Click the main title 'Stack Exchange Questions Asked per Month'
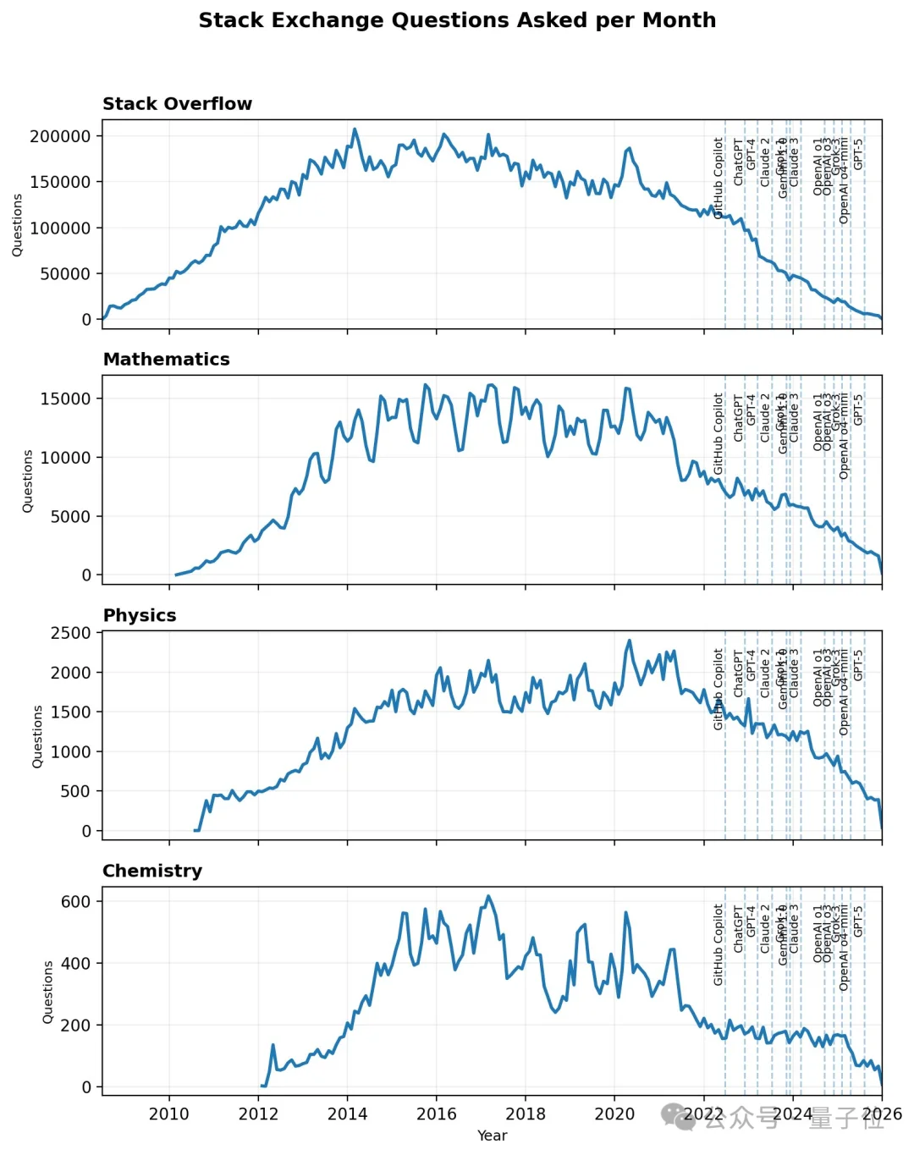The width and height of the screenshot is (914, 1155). click(x=457, y=20)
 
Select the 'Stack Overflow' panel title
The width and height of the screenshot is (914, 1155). click(x=177, y=104)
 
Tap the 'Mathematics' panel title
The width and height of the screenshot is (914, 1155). click(x=166, y=360)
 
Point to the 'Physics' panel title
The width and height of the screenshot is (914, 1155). click(x=140, y=615)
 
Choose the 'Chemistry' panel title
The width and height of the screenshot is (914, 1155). click(x=152, y=871)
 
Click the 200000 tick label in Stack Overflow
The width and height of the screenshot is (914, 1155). click(x=60, y=136)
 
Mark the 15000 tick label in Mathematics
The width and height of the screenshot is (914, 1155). click(x=65, y=399)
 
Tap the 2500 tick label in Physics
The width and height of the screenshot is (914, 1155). click(x=70, y=633)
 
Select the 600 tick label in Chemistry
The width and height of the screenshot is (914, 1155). click(x=75, y=902)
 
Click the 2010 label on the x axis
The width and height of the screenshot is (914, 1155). click(x=169, y=1114)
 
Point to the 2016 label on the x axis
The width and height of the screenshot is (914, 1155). click(x=437, y=1114)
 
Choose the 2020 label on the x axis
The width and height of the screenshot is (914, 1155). click(x=614, y=1114)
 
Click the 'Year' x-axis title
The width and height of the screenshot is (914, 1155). click(x=492, y=1136)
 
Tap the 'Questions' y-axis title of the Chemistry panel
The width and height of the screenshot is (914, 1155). click(x=48, y=992)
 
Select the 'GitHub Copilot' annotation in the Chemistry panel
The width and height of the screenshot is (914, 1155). click(x=719, y=944)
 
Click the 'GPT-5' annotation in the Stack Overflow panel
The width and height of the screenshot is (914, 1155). click(x=858, y=154)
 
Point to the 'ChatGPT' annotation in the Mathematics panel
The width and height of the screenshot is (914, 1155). click(x=738, y=417)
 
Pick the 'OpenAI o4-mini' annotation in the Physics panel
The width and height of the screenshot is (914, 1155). click(x=844, y=692)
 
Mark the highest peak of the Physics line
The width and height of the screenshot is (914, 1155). click(x=630, y=641)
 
